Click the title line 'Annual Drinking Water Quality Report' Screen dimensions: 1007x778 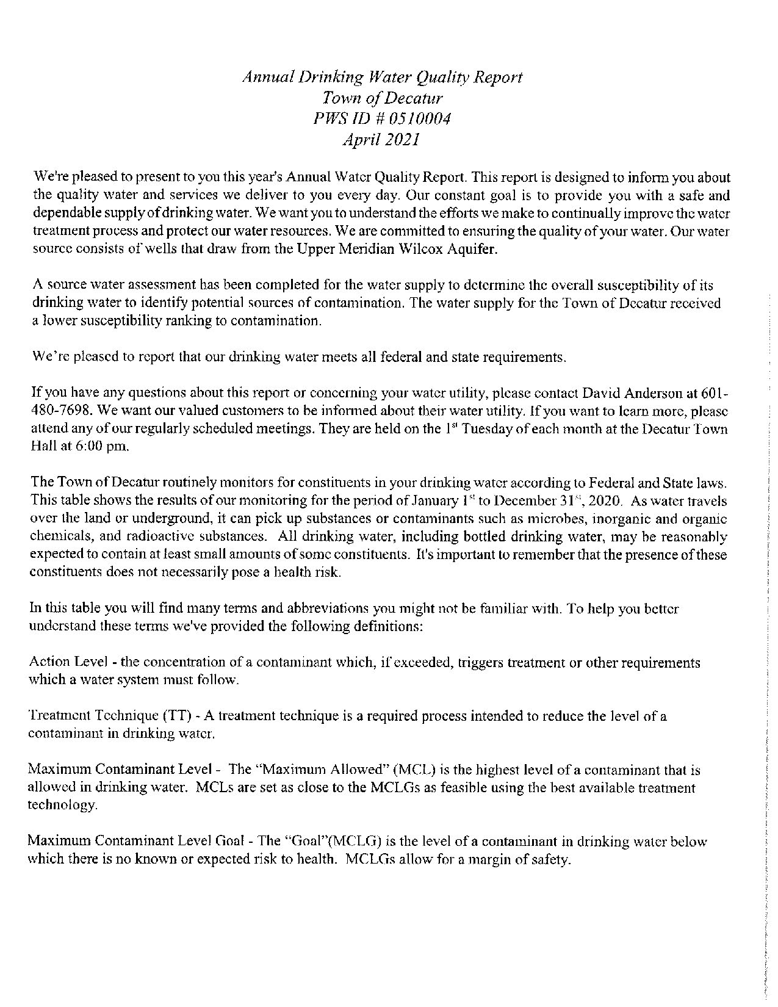(383, 78)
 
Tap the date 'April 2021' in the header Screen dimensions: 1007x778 (381, 139)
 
